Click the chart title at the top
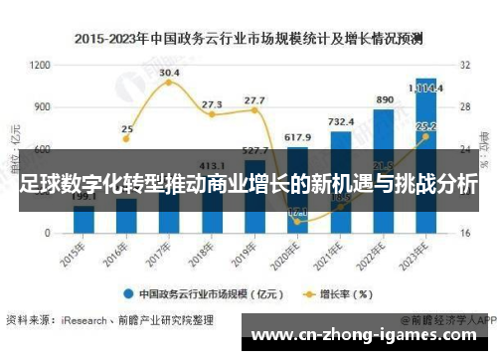pyautogui.click(x=248, y=39)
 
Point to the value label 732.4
pyautogui.click(x=341, y=120)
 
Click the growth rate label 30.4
pyautogui.click(x=170, y=73)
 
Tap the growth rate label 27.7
pyautogui.click(x=254, y=100)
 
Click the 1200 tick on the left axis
pyautogui.click(x=41, y=65)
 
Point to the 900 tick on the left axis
pyautogui.click(x=43, y=106)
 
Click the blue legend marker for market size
pyautogui.click(x=128, y=293)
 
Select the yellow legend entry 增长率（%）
pyautogui.click(x=337, y=293)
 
